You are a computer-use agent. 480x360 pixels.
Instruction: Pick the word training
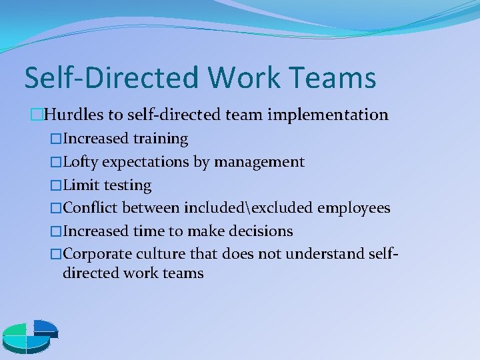coord(160,139)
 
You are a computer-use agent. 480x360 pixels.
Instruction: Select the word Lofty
coord(81,162)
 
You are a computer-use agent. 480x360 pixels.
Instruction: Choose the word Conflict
coord(92,208)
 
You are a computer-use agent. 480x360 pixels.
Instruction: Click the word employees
coord(353,208)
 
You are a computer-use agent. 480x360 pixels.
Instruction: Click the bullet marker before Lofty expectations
coord(56,162)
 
